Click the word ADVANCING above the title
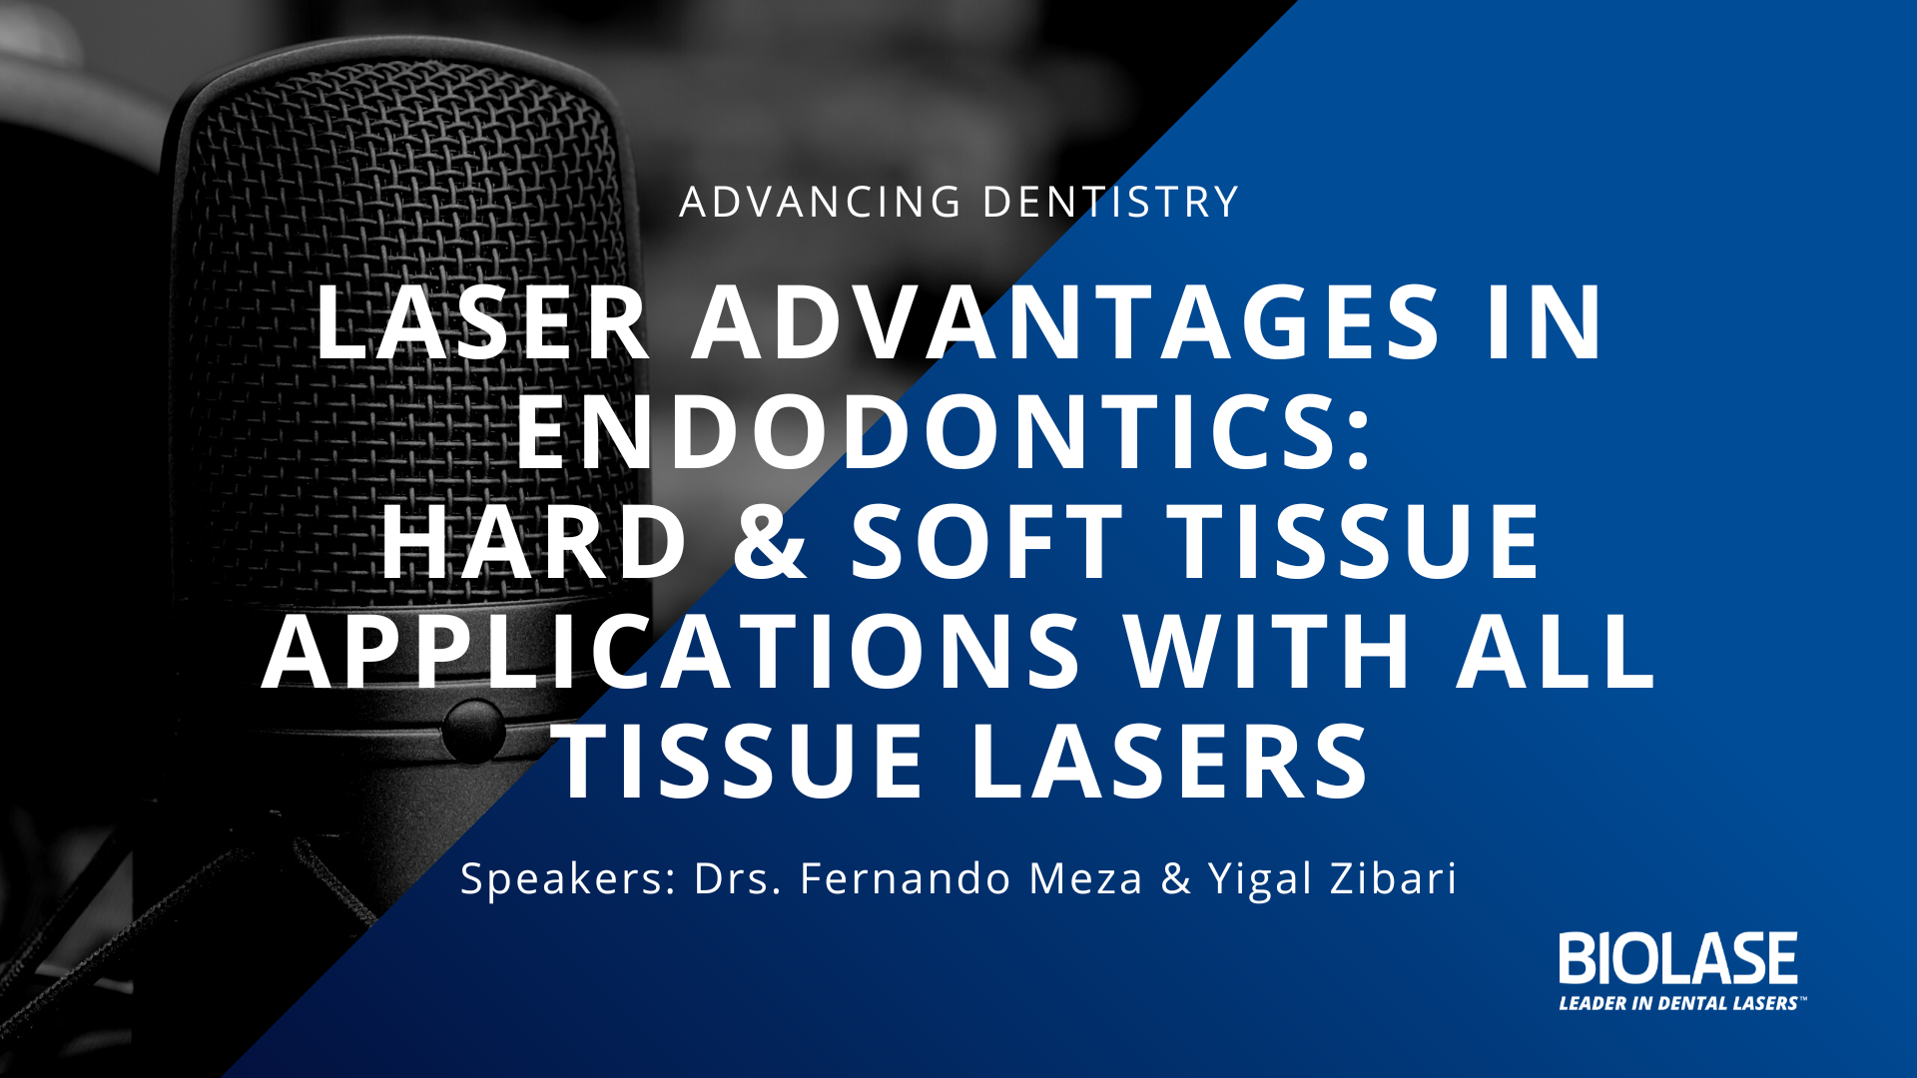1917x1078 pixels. [x=821, y=202]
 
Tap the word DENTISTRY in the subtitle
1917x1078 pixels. [x=1111, y=202]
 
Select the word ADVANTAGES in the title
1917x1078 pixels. [x=1067, y=322]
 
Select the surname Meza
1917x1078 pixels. [x=1085, y=878]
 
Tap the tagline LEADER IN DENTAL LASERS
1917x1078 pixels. [x=1681, y=1003]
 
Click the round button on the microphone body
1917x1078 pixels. [x=473, y=731]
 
